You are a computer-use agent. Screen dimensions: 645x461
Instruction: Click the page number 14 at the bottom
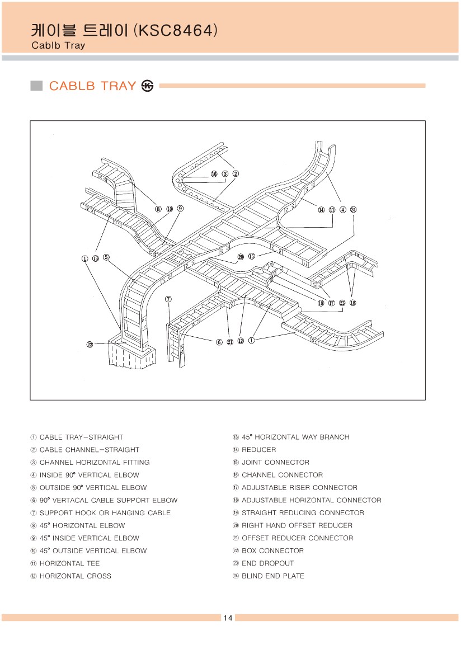(228, 618)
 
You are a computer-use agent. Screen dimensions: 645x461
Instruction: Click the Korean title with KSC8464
(124, 30)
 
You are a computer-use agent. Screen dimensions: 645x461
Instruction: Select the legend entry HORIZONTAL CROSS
(71, 576)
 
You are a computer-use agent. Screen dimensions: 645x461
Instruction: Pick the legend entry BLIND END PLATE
(269, 576)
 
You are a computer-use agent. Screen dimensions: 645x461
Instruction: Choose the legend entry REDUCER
(255, 450)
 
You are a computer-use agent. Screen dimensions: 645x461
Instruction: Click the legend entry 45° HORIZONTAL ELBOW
(78, 526)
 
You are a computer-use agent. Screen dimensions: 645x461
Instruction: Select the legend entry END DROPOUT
(263, 563)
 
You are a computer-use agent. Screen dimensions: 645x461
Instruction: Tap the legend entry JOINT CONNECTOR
(271, 463)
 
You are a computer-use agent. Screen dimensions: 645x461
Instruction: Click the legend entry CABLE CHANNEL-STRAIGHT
(85, 450)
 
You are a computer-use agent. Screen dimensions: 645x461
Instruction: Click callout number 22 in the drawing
(90, 345)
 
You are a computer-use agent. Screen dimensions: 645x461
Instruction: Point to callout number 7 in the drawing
(168, 299)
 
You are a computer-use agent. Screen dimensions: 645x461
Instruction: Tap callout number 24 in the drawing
(354, 210)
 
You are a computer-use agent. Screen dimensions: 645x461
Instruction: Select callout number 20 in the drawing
(241, 257)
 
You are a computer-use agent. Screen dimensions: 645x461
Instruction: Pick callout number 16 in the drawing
(214, 174)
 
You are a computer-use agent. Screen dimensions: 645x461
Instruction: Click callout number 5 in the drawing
(106, 258)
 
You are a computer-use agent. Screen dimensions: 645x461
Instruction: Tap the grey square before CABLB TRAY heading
(36, 86)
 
